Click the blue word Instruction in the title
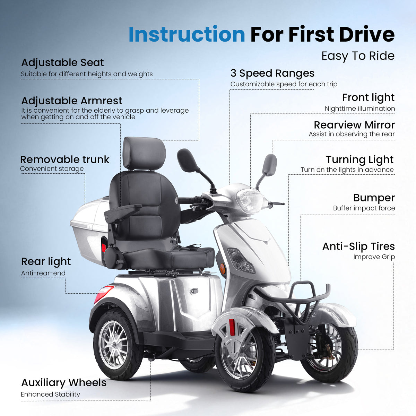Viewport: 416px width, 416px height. pos(187,34)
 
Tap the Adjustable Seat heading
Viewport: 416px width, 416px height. pos(62,63)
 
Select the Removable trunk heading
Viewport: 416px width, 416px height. pos(64,159)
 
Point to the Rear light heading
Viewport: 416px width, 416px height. pos(46,261)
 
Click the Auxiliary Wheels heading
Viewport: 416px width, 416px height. pos(64,383)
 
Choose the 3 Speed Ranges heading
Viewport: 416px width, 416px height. pos(272,73)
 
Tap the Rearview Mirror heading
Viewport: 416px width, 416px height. pos(354,125)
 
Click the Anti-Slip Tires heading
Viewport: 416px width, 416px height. pos(358,246)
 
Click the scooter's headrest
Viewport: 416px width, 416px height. pos(144,153)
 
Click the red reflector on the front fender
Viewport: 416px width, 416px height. pos(232,327)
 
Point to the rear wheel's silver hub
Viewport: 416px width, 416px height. pos(114,345)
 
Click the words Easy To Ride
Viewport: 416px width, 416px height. pos(358,56)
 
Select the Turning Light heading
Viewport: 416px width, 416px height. pos(359,160)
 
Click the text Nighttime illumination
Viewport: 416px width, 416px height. pos(359,109)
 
